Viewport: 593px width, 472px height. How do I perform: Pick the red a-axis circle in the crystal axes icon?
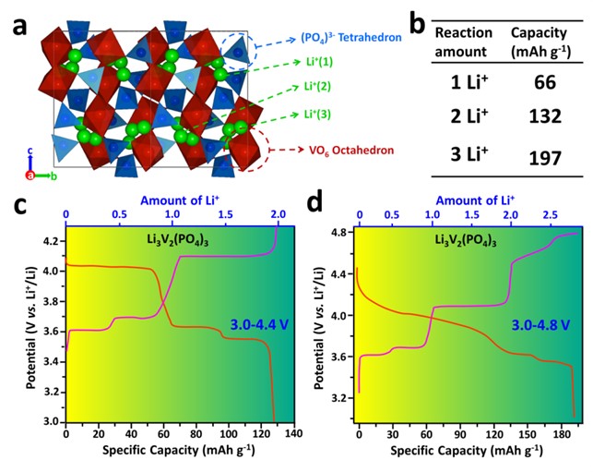pos(30,175)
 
